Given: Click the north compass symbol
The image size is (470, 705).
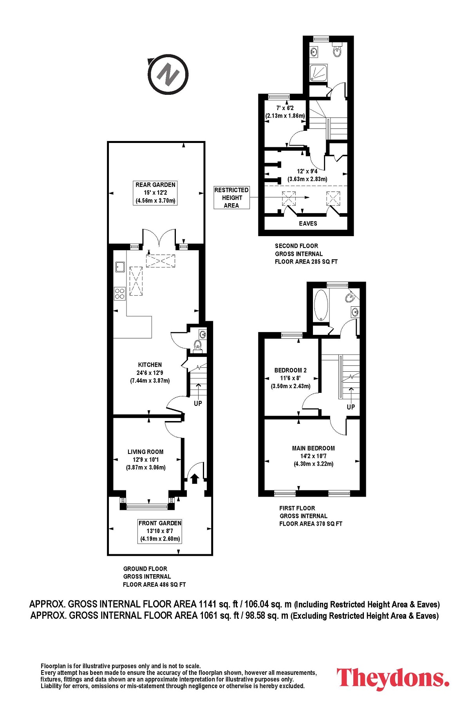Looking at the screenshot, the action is click(168, 74).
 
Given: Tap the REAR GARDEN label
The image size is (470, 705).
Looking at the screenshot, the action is click(155, 184).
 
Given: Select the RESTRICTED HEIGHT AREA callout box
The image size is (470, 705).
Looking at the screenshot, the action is click(231, 197).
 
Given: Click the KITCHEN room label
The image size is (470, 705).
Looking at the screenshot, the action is click(150, 365).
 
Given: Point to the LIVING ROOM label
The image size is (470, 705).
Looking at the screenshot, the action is click(145, 452).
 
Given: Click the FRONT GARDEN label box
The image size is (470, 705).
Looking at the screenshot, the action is click(160, 531).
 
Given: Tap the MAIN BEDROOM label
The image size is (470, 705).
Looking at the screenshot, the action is click(313, 448).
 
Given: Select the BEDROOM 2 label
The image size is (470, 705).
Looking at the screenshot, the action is click(291, 370).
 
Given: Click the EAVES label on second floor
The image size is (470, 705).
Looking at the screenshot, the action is click(308, 223).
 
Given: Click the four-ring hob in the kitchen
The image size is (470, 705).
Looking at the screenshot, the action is click(120, 293).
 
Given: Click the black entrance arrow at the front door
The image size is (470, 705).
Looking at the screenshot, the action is click(195, 479).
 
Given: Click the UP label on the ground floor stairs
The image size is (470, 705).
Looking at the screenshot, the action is click(198, 403).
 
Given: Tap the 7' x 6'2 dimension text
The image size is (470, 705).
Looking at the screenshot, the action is click(285, 108).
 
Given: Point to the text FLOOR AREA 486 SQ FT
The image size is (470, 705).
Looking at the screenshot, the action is click(154, 584).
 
